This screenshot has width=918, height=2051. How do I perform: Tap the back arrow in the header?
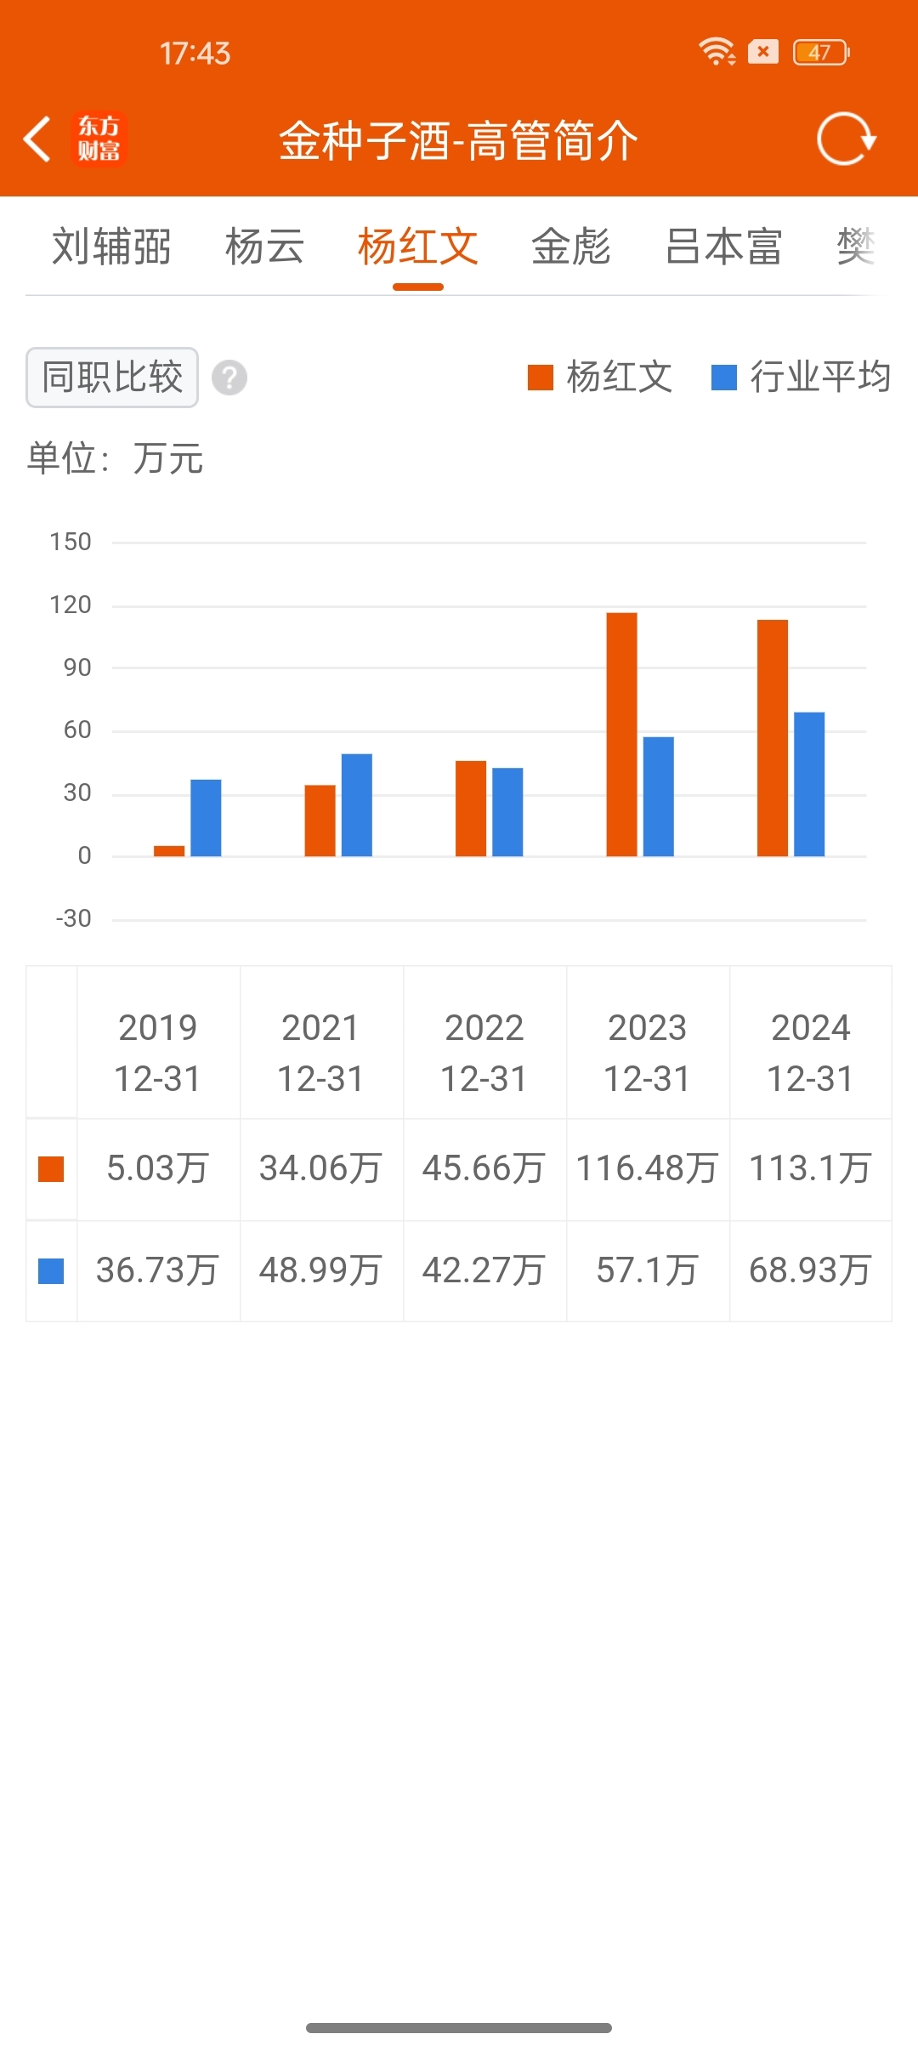pyautogui.click(x=37, y=139)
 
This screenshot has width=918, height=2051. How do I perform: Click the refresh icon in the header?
pyautogui.click(x=845, y=139)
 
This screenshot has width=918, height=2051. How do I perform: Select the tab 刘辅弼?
pyautogui.click(x=111, y=247)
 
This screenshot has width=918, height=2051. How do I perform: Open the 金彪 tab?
pyautogui.click(x=570, y=247)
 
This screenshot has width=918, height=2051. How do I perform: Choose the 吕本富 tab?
pyautogui.click(x=723, y=247)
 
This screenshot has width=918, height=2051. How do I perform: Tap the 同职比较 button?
pyautogui.click(x=112, y=378)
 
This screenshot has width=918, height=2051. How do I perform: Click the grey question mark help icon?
pyautogui.click(x=229, y=378)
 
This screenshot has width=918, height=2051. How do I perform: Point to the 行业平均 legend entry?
pyautogui.click(x=801, y=377)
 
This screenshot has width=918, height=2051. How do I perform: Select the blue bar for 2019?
pyautogui.click(x=206, y=817)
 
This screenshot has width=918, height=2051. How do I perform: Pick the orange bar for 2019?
pyautogui.click(x=169, y=850)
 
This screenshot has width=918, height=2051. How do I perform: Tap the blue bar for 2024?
pyautogui.click(x=809, y=783)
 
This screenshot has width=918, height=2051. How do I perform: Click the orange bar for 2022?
pyautogui.click(x=471, y=808)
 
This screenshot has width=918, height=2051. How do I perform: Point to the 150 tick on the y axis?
pyautogui.click(x=71, y=542)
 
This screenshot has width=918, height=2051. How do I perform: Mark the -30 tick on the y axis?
pyautogui.click(x=73, y=918)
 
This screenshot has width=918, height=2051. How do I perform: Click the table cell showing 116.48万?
pyautogui.click(x=648, y=1168)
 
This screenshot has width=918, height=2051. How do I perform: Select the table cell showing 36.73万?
pyautogui.click(x=158, y=1270)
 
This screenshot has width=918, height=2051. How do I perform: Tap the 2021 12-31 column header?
pyautogui.click(x=321, y=1053)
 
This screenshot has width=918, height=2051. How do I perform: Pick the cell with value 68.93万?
pyautogui.click(x=810, y=1270)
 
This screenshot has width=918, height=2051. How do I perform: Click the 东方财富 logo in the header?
pyautogui.click(x=99, y=139)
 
